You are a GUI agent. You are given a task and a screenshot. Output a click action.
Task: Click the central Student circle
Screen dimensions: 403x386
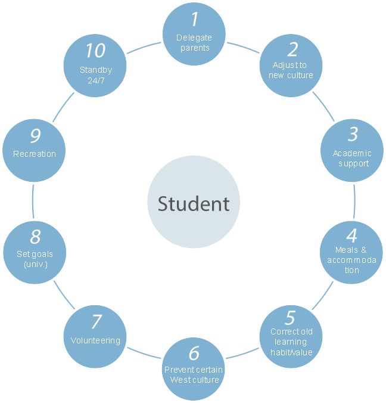tap(193, 203)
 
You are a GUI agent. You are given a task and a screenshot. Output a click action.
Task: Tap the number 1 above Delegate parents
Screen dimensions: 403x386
tap(194, 20)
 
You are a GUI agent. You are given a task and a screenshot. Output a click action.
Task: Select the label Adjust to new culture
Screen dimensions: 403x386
tap(291, 70)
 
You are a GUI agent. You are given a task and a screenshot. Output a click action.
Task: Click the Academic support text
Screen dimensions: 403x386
tap(352, 159)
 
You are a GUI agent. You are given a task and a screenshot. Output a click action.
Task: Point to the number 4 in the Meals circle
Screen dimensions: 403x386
tap(352, 236)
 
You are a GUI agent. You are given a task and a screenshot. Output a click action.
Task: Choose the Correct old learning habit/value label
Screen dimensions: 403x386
tap(291, 342)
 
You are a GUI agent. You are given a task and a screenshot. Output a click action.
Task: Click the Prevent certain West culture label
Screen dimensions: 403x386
tap(194, 375)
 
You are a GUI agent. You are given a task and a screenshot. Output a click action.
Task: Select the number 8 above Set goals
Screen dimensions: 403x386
tap(35, 237)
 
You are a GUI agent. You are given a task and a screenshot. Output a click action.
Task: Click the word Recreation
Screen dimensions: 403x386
tap(35, 154)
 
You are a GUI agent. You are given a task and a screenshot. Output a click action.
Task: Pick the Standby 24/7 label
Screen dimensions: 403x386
tap(96, 75)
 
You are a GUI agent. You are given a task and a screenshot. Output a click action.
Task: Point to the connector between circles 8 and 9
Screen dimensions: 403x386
tap(33, 201)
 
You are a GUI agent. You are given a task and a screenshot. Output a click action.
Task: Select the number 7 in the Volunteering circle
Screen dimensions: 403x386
tap(96, 322)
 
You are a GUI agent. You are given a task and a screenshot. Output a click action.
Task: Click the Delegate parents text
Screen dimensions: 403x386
tap(194, 43)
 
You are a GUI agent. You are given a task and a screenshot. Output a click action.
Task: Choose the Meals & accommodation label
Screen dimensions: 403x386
tap(352, 260)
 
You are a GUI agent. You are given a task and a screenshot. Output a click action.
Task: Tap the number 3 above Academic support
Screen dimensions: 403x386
tap(353, 135)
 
